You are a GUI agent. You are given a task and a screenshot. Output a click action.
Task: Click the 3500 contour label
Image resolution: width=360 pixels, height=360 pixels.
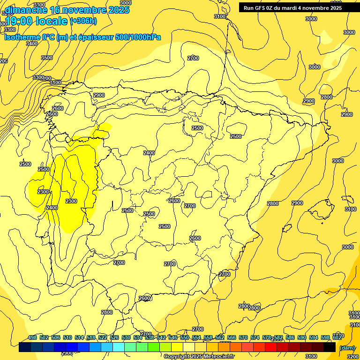(47, 58)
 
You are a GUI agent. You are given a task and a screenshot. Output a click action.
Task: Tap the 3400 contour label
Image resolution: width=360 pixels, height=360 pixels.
(32, 44)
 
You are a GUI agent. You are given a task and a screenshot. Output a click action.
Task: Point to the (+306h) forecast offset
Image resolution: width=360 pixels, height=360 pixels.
(83, 21)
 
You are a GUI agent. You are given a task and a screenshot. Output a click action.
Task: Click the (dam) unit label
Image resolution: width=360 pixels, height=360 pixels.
(347, 347)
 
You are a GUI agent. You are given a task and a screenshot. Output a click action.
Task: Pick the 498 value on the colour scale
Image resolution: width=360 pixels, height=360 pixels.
(32, 337)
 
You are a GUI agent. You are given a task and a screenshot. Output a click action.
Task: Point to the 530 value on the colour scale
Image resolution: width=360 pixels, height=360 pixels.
(126, 337)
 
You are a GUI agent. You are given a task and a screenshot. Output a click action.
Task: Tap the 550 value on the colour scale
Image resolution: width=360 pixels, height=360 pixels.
(184, 337)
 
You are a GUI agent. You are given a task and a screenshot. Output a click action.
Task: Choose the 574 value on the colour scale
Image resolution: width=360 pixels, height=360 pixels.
(255, 337)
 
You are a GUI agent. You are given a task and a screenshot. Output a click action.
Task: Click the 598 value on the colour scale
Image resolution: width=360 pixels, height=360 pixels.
(325, 337)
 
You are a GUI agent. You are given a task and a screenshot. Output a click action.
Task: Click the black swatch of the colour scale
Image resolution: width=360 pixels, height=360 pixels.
(330, 347)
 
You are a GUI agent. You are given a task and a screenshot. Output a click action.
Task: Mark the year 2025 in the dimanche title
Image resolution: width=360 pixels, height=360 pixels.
(118, 10)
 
